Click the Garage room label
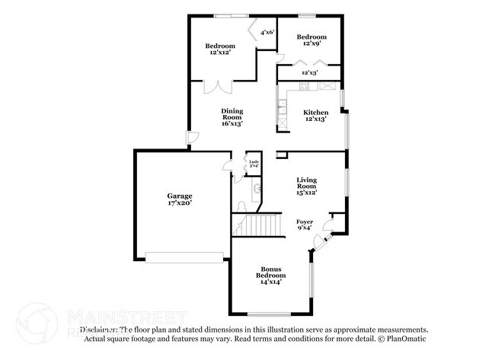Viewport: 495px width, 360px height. click(180, 196)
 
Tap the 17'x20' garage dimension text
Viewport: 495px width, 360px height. click(180, 203)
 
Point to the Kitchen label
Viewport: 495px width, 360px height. click(316, 112)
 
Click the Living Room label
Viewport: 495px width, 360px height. click(306, 183)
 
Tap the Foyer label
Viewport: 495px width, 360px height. click(305, 221)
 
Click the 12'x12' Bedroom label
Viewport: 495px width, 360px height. click(219, 46)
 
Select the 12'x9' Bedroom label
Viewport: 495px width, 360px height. click(311, 37)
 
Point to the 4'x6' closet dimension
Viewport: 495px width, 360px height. click(267, 33)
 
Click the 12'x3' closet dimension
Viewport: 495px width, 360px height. click(309, 72)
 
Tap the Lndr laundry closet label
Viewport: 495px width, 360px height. click(254, 162)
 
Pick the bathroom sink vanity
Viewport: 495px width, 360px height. click(257, 187)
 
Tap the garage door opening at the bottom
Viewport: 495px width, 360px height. click(185, 256)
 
